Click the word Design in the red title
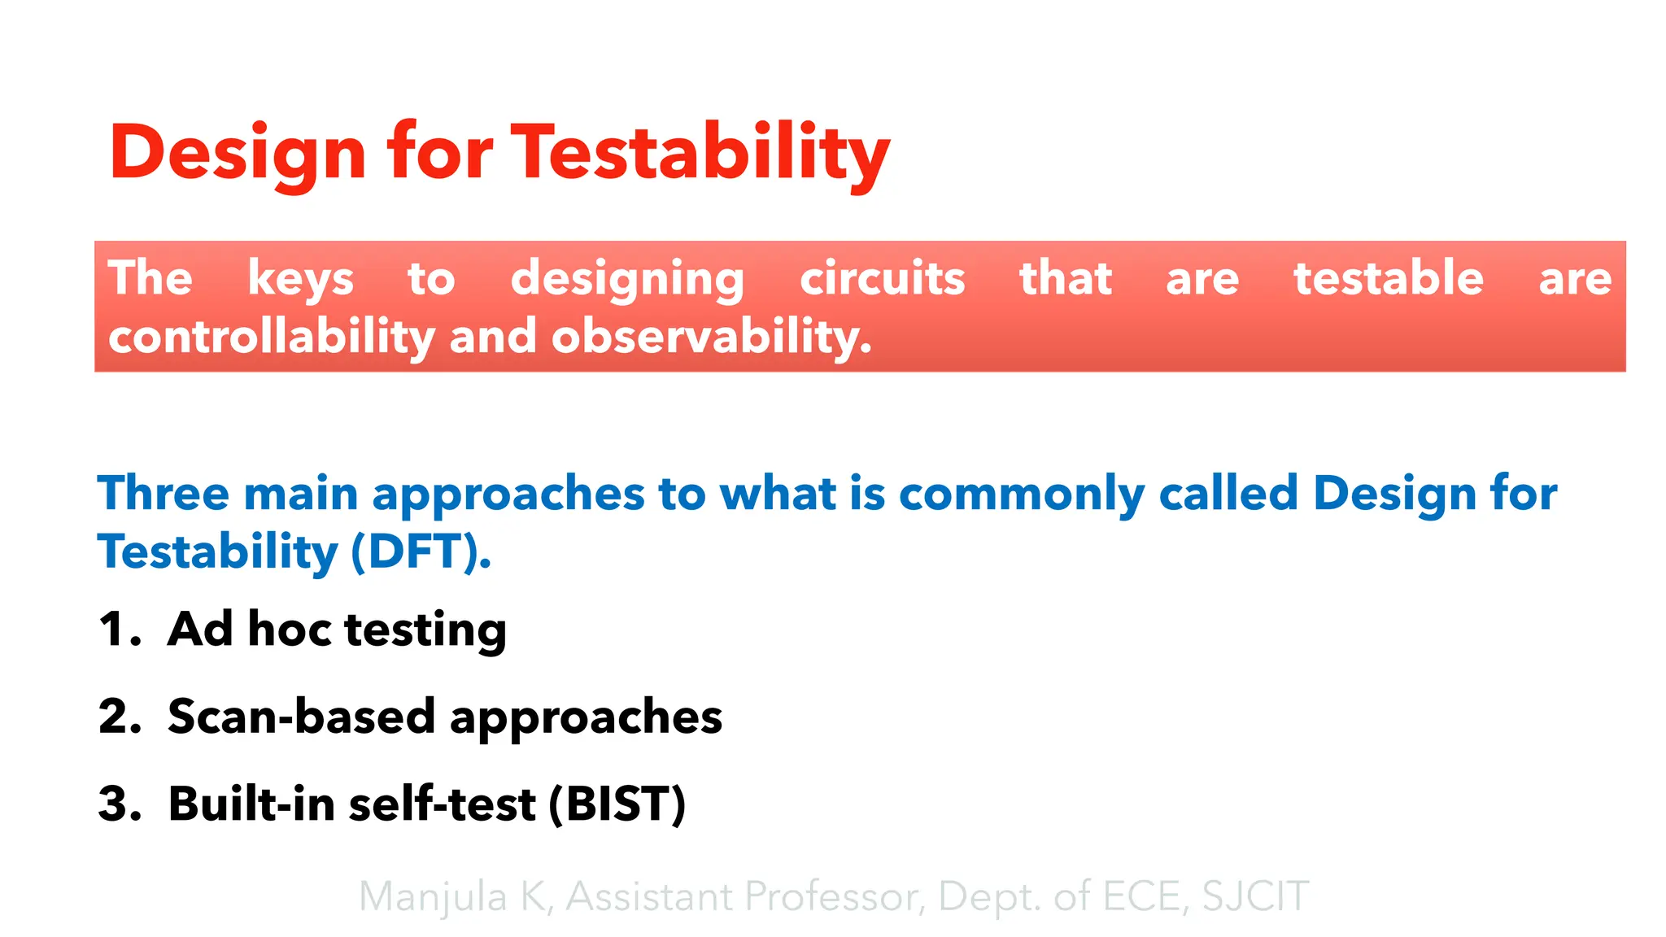pyautogui.click(x=238, y=152)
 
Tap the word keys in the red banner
pyautogui.click(x=300, y=279)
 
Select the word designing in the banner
pyautogui.click(x=627, y=279)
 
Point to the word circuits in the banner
pyautogui.click(x=882, y=279)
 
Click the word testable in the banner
pyautogui.click(x=1388, y=279)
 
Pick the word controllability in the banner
pyautogui.click(x=272, y=338)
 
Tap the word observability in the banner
pyautogui.click(x=711, y=338)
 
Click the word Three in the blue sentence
pyautogui.click(x=163, y=494)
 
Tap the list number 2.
pyautogui.click(x=119, y=717)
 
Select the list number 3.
pyautogui.click(x=119, y=804)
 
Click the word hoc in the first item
pyautogui.click(x=289, y=630)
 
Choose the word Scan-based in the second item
pyautogui.click(x=301, y=717)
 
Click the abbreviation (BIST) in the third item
pyautogui.click(x=617, y=804)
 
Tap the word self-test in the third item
pyautogui.click(x=442, y=804)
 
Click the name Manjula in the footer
pyautogui.click(x=433, y=897)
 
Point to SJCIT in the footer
pyautogui.click(x=1254, y=897)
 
